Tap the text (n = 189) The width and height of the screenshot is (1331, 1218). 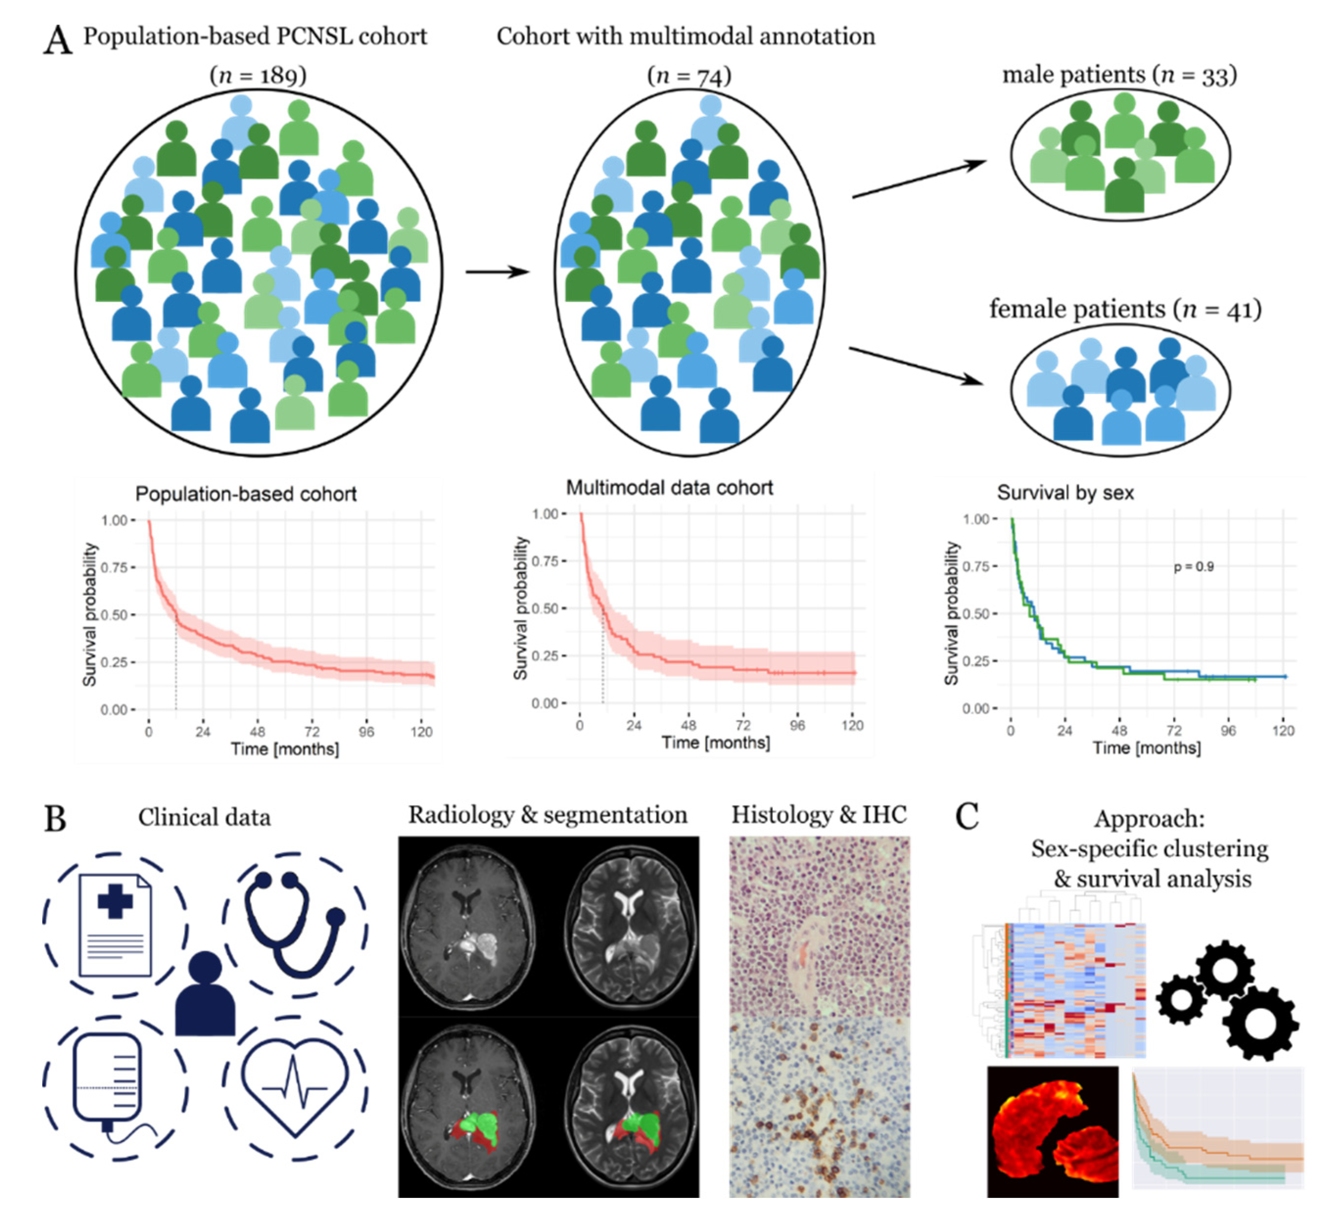[258, 75]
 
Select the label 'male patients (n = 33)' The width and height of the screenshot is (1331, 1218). [1119, 74]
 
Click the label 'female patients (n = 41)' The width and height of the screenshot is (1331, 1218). [1125, 309]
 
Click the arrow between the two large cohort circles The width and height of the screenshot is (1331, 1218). [498, 271]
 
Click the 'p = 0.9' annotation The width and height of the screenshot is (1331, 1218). [1193, 566]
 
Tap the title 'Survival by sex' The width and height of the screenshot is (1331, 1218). [1065, 492]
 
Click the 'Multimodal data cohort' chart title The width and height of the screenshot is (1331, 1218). [670, 488]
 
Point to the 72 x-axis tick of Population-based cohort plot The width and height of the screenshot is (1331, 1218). [312, 731]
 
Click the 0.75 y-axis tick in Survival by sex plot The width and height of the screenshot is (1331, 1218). [975, 566]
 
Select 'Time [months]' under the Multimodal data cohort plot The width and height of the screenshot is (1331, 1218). [716, 743]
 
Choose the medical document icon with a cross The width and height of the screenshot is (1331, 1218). [115, 924]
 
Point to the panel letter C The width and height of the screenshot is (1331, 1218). [967, 817]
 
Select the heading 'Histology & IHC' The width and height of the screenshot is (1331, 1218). [818, 815]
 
